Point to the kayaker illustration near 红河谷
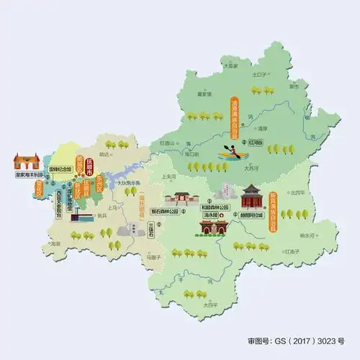coord(229,152)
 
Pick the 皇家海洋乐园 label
coord(27,174)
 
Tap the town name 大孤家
coord(230,66)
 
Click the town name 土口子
coord(259,74)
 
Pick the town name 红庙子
coord(292,252)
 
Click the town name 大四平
coord(210,305)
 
